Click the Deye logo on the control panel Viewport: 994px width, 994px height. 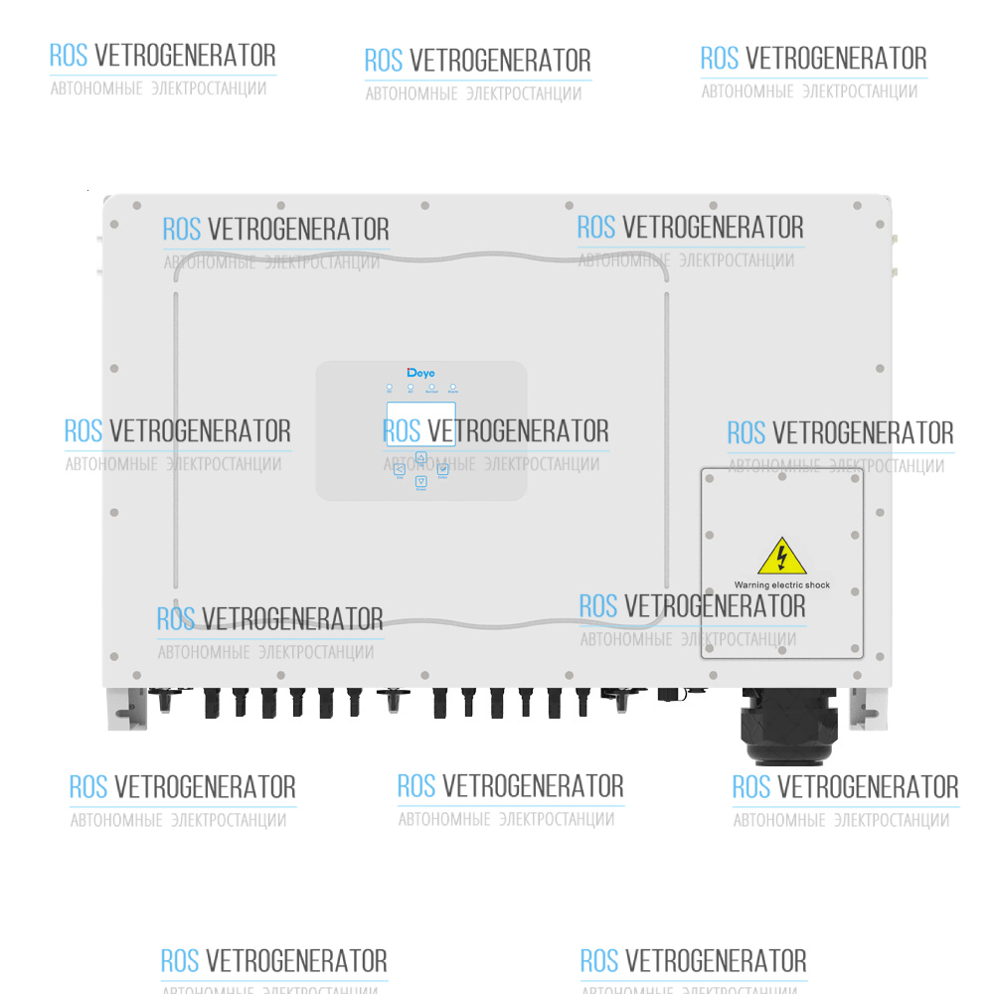pyautogui.click(x=421, y=373)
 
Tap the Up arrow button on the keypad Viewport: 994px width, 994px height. pyautogui.click(x=420, y=457)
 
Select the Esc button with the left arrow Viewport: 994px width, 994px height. pyautogui.click(x=400, y=469)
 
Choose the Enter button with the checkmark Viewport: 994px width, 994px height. pyautogui.click(x=442, y=469)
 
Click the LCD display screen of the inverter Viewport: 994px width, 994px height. pyautogui.click(x=420, y=423)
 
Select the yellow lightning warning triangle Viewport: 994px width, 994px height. pyautogui.click(x=781, y=557)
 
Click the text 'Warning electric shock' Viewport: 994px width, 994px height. pyautogui.click(x=781, y=585)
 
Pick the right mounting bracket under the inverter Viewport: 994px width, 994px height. pyautogui.click(x=867, y=709)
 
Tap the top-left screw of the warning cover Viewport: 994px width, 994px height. pyautogui.click(x=710, y=478)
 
